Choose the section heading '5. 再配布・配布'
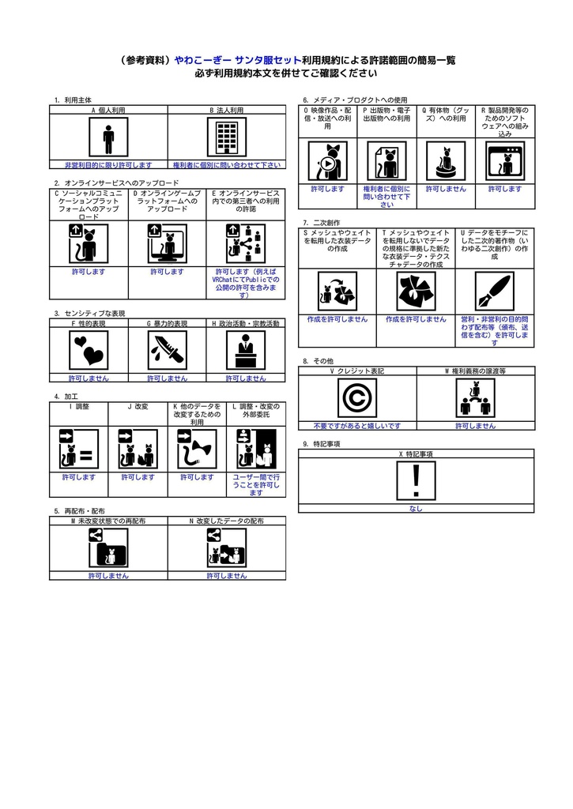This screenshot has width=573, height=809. [79, 511]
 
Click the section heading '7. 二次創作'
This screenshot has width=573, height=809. [322, 223]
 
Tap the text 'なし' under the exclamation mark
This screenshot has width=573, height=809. [416, 509]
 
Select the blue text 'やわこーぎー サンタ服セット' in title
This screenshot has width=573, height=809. [237, 60]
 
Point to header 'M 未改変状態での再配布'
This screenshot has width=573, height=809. [108, 521]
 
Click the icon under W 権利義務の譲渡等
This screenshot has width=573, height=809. [475, 397]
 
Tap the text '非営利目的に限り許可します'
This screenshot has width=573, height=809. [108, 165]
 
